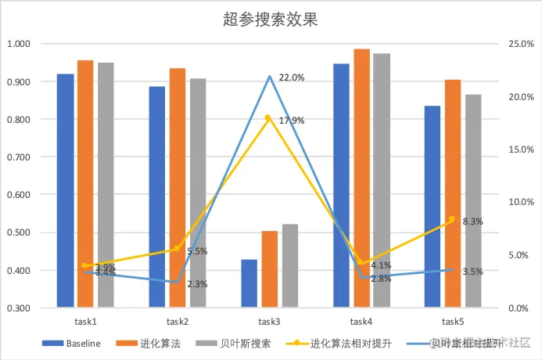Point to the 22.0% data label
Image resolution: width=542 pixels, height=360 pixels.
(x=291, y=77)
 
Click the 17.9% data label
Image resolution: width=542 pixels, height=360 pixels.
(x=291, y=121)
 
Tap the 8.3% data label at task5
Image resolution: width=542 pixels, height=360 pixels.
(x=472, y=221)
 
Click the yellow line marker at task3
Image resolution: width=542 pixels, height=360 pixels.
(x=267, y=117)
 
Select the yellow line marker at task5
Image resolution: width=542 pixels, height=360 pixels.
(x=452, y=220)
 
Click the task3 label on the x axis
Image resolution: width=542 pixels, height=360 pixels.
(x=270, y=322)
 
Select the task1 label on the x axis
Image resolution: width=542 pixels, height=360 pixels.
(x=85, y=322)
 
